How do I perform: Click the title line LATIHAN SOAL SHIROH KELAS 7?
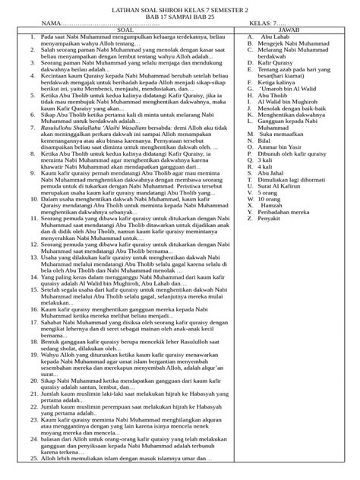click(x=180, y=7)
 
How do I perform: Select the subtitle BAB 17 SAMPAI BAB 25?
click(x=180, y=15)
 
